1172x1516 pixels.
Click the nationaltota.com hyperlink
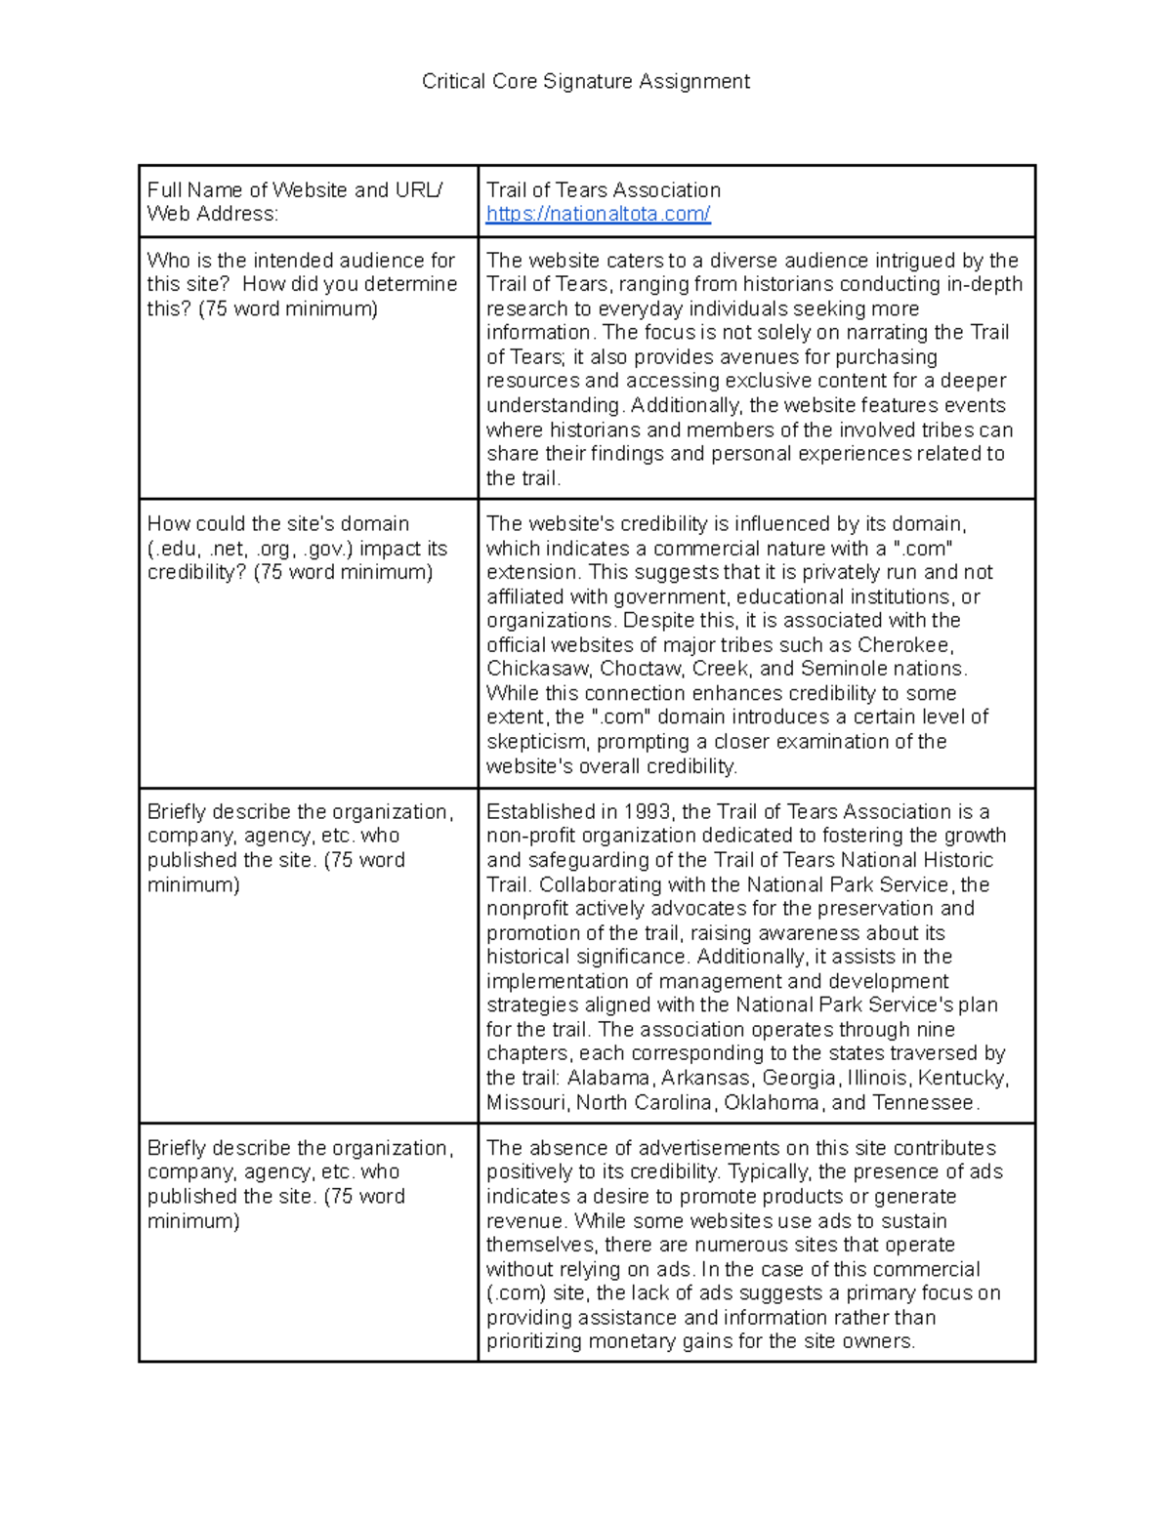[598, 214]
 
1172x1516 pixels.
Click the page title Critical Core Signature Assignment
[585, 81]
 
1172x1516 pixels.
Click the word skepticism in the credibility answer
[536, 741]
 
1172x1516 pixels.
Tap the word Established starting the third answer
[533, 811]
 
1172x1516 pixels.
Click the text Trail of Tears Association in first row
[603, 189]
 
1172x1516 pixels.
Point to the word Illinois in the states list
[877, 1078]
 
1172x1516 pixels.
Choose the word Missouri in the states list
[525, 1102]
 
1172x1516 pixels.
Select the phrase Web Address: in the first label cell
[212, 214]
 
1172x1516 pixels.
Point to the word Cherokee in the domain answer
[904, 644]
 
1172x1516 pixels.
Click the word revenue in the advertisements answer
[525, 1221]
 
